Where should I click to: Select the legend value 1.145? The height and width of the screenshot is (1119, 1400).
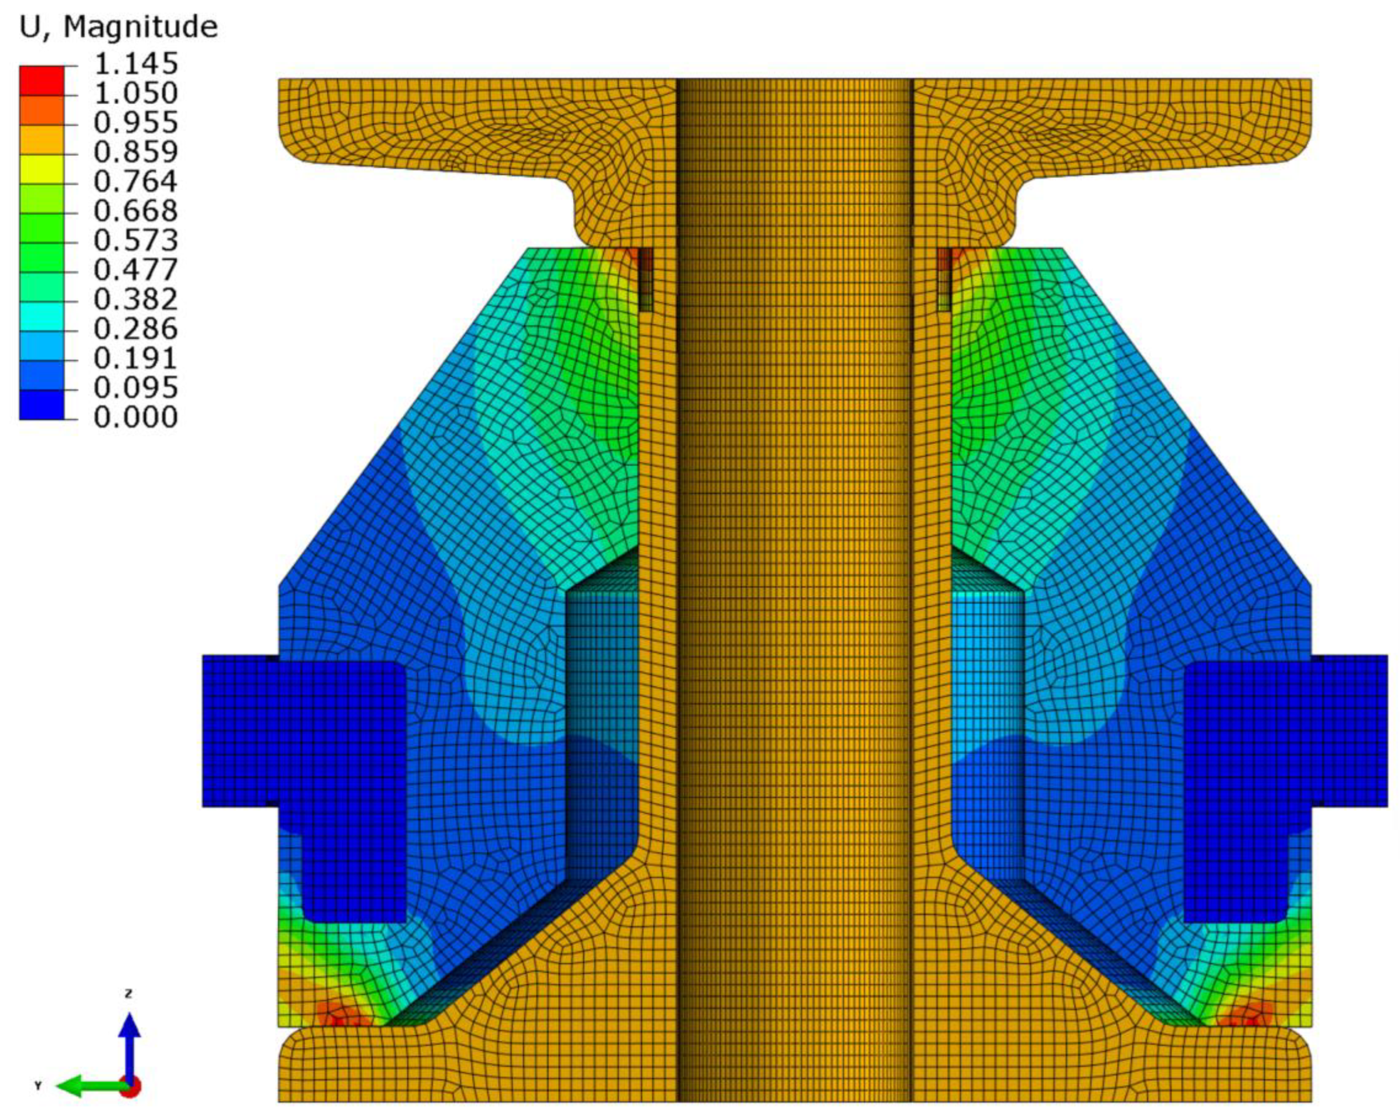tap(135, 64)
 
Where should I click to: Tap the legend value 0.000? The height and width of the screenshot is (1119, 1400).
tap(135, 417)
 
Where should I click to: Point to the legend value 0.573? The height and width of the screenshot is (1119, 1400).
tap(135, 240)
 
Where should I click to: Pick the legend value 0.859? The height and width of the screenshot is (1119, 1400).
tap(135, 152)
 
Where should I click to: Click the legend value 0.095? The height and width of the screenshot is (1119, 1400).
tap(135, 388)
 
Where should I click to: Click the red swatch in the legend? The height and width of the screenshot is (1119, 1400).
tap(42, 80)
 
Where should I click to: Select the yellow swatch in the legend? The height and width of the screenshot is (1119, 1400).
tap(42, 169)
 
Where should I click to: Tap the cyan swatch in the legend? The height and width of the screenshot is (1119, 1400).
tap(42, 316)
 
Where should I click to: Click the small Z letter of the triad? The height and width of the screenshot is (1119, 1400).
tap(128, 994)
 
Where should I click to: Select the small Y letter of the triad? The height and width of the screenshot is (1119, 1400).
tap(37, 1086)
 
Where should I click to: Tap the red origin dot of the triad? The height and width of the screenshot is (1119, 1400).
tap(131, 1087)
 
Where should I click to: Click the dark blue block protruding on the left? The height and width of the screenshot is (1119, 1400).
tap(240, 731)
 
